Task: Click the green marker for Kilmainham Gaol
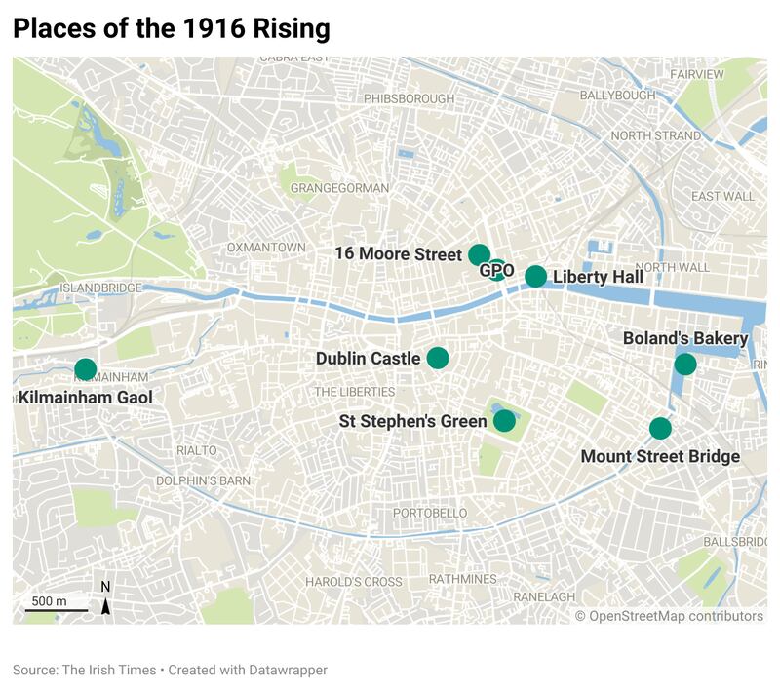86,369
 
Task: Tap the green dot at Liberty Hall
535,276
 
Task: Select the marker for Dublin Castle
437,358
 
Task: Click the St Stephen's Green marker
504,420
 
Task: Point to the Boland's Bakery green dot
685,365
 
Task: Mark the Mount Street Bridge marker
660,428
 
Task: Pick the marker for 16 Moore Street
479,254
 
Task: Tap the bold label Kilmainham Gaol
85,397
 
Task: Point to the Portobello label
430,513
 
